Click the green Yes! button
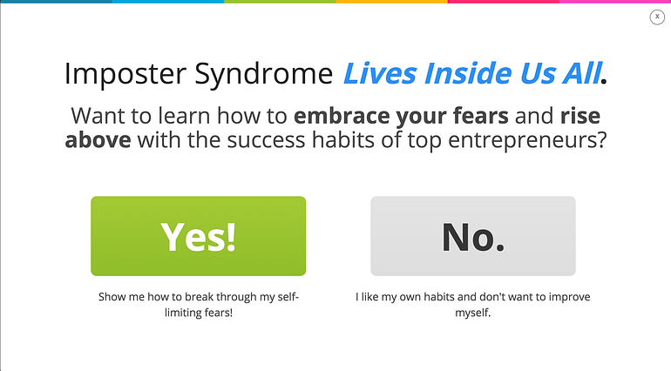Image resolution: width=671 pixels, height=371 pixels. point(198,236)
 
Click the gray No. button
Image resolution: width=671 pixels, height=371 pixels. point(473,236)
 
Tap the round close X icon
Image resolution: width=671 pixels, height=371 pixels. point(657,17)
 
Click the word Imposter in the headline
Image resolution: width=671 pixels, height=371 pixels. point(125,74)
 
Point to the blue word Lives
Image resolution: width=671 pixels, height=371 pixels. point(380,73)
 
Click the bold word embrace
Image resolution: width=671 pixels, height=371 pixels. point(342,116)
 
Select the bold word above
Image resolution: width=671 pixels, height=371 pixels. point(98,140)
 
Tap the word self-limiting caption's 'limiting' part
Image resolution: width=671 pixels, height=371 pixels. point(184,313)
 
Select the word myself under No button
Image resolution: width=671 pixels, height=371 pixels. point(473,314)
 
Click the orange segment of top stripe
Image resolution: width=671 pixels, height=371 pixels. point(391,2)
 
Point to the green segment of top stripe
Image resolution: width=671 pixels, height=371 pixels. point(280,2)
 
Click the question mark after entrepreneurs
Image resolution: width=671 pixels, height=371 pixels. point(601,140)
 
